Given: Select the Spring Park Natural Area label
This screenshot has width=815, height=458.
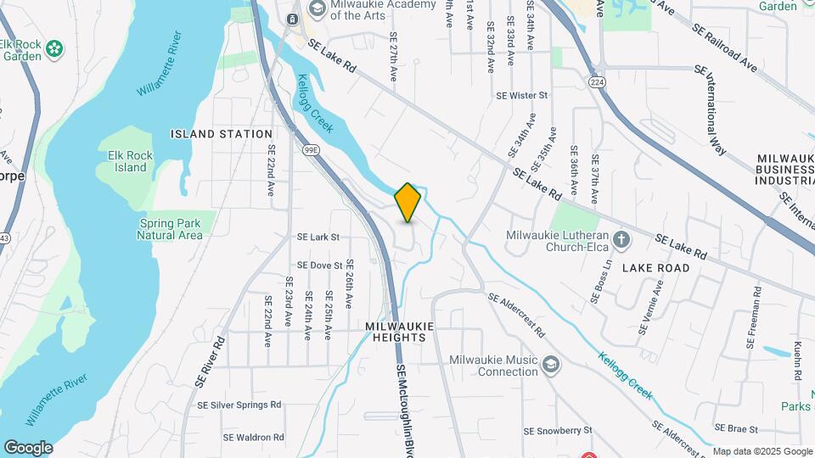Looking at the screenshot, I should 170,229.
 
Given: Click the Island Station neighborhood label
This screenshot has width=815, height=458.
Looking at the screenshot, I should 222,134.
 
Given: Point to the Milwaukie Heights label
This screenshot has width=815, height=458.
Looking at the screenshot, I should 400,332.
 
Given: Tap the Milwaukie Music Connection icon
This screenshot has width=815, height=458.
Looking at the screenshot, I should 551,365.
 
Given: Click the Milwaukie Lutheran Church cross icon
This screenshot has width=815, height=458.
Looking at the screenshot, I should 621,239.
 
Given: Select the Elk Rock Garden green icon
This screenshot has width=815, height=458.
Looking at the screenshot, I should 55,49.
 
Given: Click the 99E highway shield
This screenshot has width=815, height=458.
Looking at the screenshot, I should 311,149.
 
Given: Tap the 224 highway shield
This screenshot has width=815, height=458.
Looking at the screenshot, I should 598,80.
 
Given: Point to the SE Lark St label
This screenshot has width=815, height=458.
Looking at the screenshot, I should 318,237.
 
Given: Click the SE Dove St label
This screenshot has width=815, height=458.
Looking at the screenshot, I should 314,265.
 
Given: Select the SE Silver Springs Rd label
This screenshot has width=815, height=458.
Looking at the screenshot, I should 239,405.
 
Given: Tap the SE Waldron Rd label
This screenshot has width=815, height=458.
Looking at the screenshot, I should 254,438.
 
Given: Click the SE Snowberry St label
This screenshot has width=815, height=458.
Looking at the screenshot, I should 557,431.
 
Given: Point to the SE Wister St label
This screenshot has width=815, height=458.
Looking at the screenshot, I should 523,96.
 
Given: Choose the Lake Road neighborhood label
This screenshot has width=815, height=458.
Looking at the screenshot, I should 656,268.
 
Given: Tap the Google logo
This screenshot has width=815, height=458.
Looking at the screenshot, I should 29,448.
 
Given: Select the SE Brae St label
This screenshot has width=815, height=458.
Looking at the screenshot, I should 736,427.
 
